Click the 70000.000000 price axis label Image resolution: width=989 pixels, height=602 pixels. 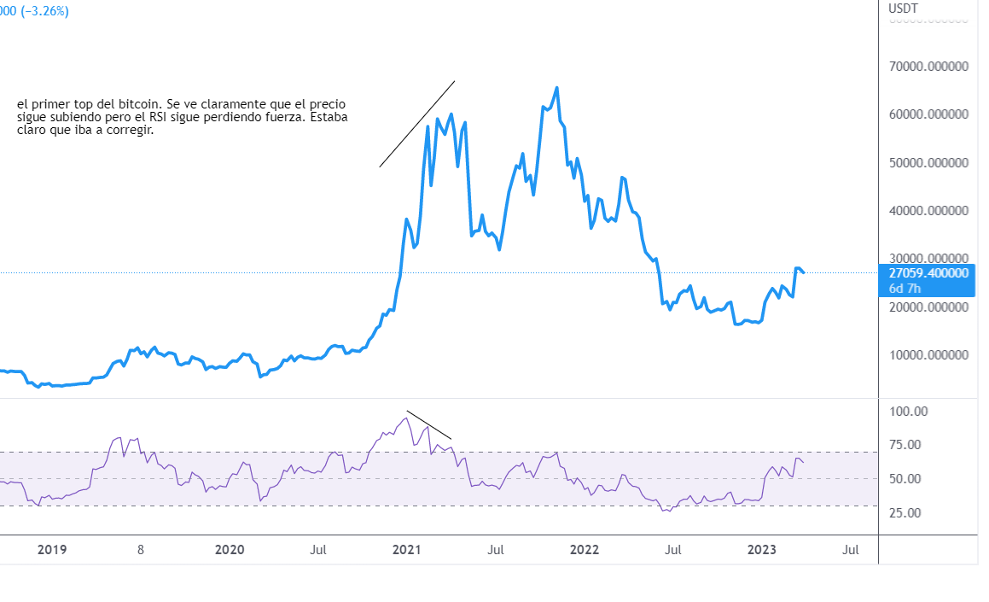(929, 66)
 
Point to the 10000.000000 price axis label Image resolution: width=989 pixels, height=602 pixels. (929, 354)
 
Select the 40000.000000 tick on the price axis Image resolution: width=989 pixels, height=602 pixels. (929, 210)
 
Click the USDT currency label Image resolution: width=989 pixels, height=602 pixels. (903, 9)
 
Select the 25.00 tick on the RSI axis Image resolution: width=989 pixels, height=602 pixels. (905, 512)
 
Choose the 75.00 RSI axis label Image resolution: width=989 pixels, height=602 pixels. (905, 444)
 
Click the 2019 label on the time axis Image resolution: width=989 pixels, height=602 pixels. (52, 550)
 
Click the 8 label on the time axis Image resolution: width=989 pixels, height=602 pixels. (141, 550)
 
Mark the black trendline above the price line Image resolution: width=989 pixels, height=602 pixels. (417, 124)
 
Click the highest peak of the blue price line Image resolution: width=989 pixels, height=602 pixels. (557, 87)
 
